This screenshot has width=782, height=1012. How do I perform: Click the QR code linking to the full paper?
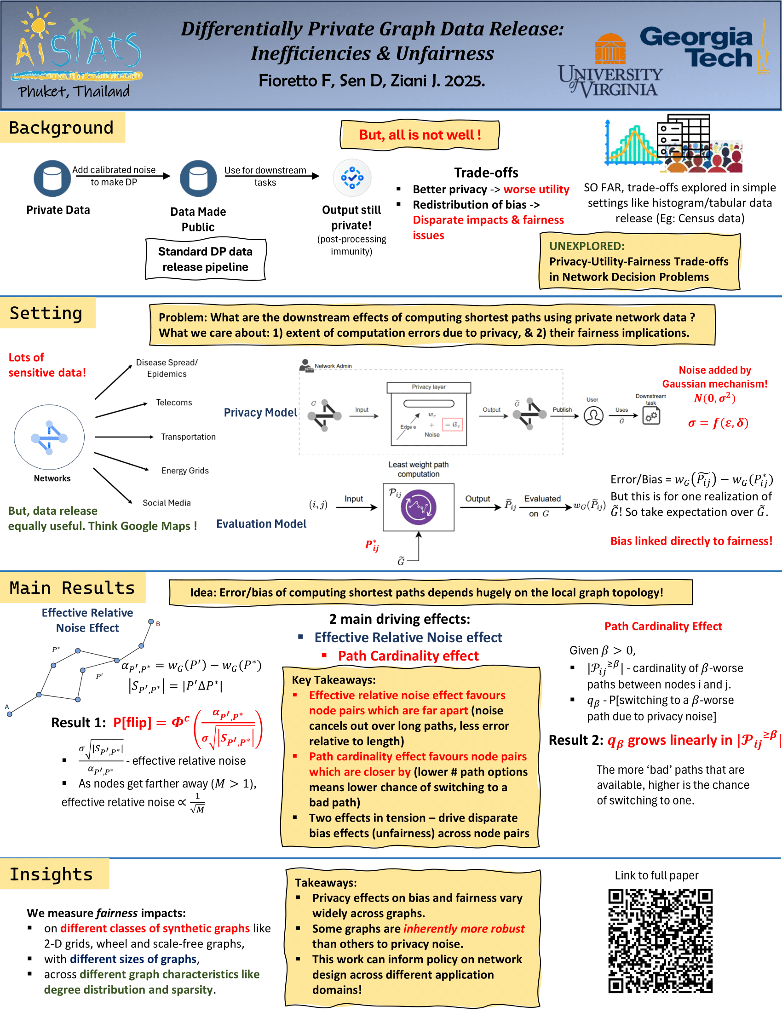660,940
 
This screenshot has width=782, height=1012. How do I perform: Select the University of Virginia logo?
610,69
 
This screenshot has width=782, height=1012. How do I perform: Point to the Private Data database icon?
52,178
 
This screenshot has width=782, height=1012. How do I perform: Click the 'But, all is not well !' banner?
420,135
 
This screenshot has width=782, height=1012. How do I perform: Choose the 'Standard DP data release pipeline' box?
205,259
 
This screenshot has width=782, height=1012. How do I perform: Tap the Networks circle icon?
49,437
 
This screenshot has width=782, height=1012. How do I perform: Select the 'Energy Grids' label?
185,471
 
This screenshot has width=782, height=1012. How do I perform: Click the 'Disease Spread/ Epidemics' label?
167,368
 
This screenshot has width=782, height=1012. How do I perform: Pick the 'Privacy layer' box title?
429,387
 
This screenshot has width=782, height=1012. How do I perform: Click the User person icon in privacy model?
593,416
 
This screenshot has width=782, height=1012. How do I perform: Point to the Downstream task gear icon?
651,416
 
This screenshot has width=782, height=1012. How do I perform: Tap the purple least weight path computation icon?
418,507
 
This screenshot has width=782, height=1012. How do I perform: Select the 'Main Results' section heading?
72,588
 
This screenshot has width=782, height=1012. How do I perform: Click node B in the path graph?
151,621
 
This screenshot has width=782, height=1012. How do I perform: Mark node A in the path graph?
9,714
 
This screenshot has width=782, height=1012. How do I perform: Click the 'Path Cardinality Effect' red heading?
663,627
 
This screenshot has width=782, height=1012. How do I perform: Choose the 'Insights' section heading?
52,874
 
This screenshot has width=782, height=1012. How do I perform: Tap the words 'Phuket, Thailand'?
74,91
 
